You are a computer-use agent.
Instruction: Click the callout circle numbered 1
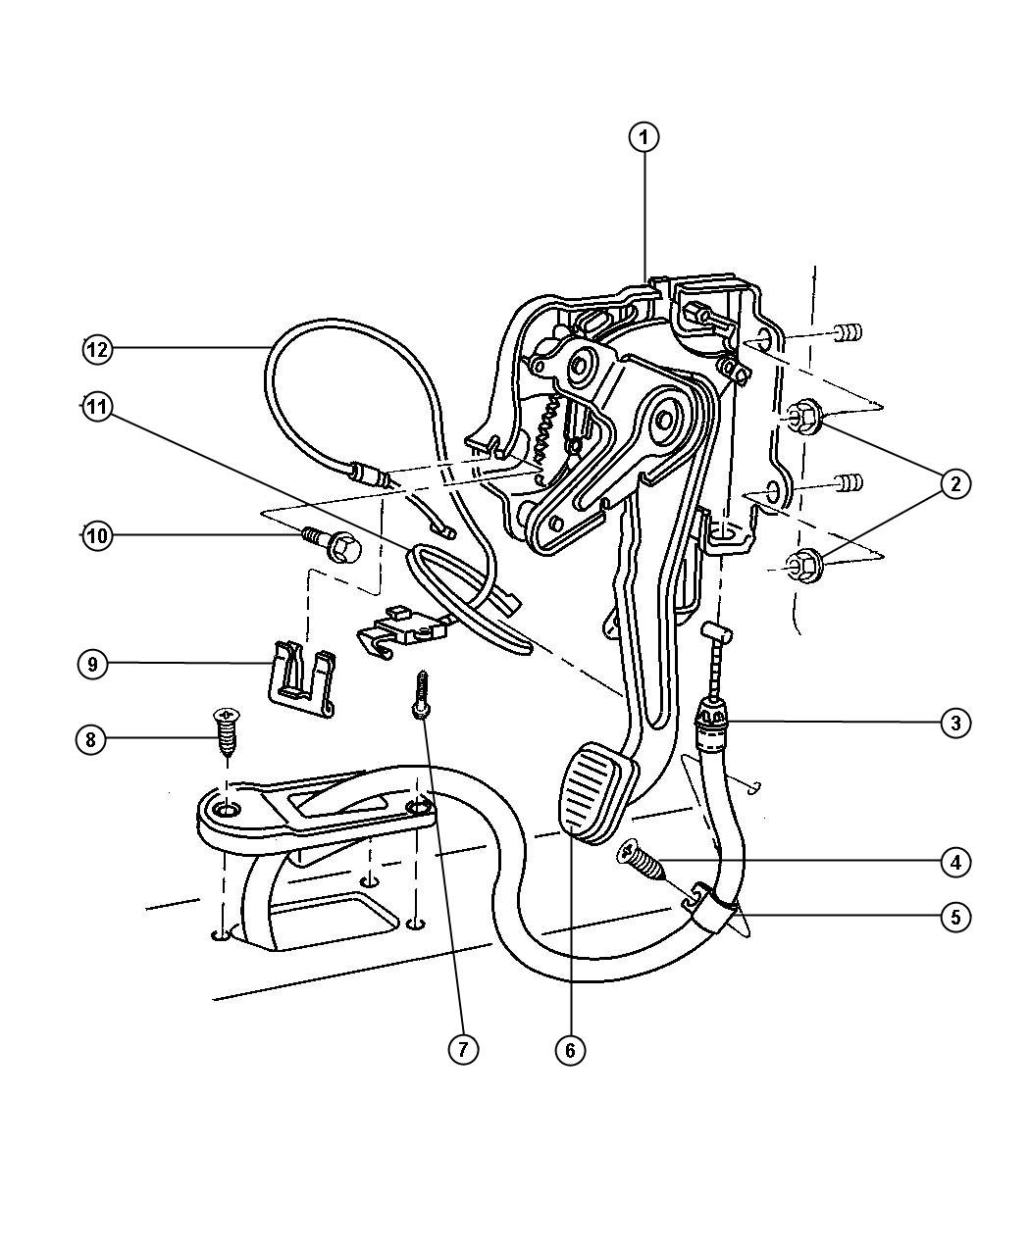[x=644, y=138]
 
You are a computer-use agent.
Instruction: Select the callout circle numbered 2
[x=955, y=483]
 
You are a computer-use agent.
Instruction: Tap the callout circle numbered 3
[x=955, y=723]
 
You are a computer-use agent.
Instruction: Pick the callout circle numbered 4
[x=955, y=862]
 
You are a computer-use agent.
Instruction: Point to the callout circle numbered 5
[x=955, y=917]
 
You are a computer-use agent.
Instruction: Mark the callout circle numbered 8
[x=91, y=740]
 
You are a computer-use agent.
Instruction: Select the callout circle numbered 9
[x=93, y=665]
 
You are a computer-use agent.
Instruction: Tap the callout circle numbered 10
[x=97, y=535]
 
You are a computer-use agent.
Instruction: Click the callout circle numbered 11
[x=97, y=408]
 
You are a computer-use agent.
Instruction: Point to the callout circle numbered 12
[x=97, y=349]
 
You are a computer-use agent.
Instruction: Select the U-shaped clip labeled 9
[x=301, y=676]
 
